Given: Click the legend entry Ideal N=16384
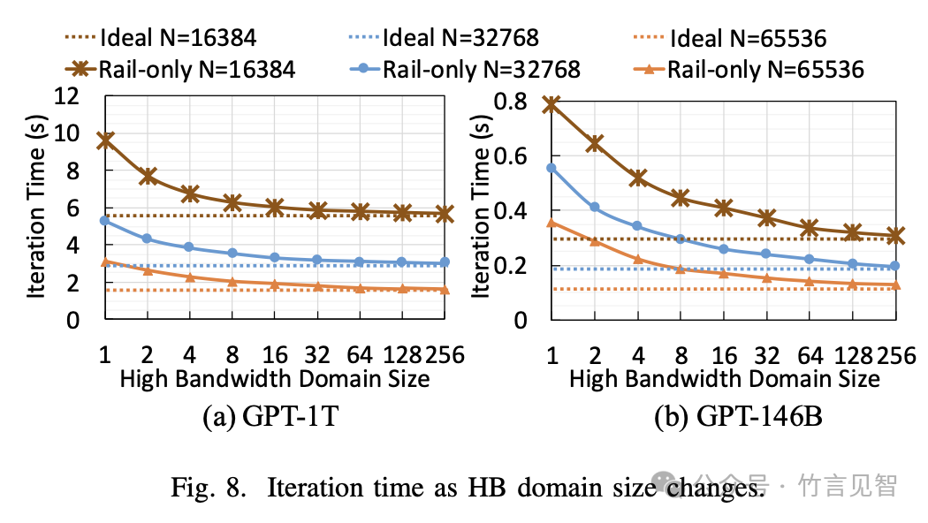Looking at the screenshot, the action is pos(160,38).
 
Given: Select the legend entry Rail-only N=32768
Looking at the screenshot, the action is pos(465,69).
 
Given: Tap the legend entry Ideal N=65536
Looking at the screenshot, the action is pos(729,38).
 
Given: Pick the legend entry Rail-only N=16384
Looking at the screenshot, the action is pos(180,69).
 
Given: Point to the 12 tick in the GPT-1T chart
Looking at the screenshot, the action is pos(66,95).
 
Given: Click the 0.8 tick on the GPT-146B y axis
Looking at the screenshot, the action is pos(510,102).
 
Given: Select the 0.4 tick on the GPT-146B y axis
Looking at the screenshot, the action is pos(510,210).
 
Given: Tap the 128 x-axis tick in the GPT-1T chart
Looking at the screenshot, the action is pos(402,355).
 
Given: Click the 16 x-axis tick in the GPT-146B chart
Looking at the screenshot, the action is pos(724,355).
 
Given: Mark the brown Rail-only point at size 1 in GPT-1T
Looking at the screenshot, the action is pos(105,140).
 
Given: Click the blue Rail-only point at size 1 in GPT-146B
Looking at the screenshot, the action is pos(551,168).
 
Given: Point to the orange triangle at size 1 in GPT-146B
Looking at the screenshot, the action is pos(551,223).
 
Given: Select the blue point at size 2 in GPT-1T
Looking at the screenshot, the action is pos(148,239).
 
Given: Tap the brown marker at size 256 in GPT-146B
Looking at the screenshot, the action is pos(895,236).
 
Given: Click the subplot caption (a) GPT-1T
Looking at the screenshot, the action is pos(270,416).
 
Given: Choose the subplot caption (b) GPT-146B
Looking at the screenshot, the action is pos(738,416).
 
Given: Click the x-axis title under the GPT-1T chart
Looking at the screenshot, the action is pos(275,379).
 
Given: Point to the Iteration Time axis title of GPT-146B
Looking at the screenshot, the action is pos(481,206).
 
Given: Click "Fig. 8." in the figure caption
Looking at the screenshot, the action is pos(208,488).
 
